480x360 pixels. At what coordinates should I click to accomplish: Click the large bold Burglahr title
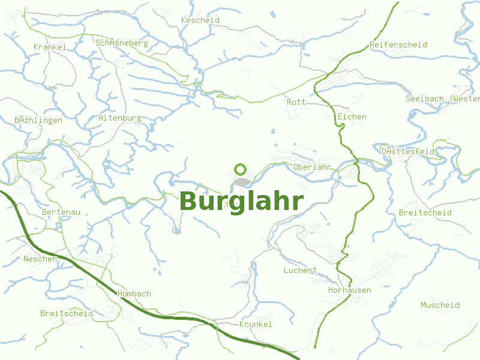(241, 202)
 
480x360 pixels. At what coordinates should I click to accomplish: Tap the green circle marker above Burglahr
(241, 169)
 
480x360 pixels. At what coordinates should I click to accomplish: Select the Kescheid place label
(200, 20)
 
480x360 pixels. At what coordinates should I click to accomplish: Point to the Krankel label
(50, 47)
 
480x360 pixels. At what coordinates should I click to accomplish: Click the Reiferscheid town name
(398, 45)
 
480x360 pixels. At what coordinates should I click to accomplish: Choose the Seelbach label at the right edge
(442, 98)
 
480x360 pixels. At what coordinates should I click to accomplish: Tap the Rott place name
(296, 103)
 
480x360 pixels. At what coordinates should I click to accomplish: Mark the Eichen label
(352, 116)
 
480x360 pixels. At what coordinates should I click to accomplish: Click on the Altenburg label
(120, 118)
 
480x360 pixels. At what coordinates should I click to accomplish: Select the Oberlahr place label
(313, 167)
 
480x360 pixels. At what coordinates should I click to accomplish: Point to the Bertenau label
(61, 212)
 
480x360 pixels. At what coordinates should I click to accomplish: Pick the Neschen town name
(40, 259)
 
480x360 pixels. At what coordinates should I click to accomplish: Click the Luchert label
(300, 271)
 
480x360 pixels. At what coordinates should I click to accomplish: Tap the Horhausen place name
(349, 290)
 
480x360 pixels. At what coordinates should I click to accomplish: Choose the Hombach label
(134, 294)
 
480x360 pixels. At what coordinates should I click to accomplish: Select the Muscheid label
(440, 305)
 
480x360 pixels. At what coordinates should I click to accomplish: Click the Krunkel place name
(256, 325)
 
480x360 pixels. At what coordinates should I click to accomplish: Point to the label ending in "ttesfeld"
(408, 152)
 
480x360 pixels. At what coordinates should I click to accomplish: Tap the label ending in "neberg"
(121, 43)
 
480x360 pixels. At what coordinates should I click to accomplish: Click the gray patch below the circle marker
(241, 182)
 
